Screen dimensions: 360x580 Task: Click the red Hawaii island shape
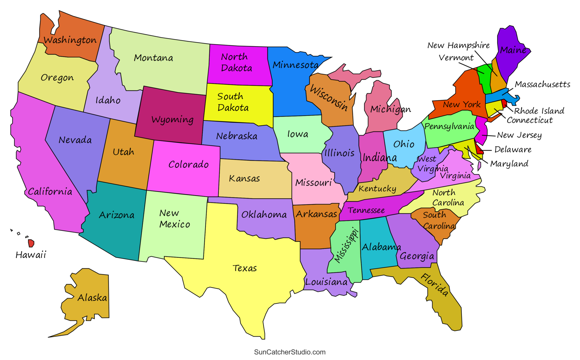[x=31, y=243]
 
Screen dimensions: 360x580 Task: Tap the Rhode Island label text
[x=539, y=111]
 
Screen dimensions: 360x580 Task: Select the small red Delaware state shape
[x=479, y=149]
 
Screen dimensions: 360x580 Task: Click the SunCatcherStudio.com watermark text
[x=290, y=352]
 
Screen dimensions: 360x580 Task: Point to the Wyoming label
[x=172, y=120]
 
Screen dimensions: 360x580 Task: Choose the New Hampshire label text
[x=458, y=45]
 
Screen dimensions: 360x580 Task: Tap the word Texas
[x=244, y=268]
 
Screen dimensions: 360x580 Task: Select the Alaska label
[x=92, y=298]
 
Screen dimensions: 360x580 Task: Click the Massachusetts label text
[x=542, y=84]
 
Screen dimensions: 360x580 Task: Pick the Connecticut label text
[x=530, y=120]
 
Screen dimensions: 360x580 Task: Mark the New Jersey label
[x=519, y=135]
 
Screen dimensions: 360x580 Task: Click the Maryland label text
[x=509, y=164]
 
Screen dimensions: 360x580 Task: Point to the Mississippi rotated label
[x=346, y=245]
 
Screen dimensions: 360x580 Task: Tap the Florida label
[x=434, y=285]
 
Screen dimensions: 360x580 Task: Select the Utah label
[x=123, y=152]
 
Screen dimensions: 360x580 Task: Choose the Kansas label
[x=244, y=178]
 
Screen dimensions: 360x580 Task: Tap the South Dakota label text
[x=233, y=102]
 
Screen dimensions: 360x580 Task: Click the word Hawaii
[x=31, y=255]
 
